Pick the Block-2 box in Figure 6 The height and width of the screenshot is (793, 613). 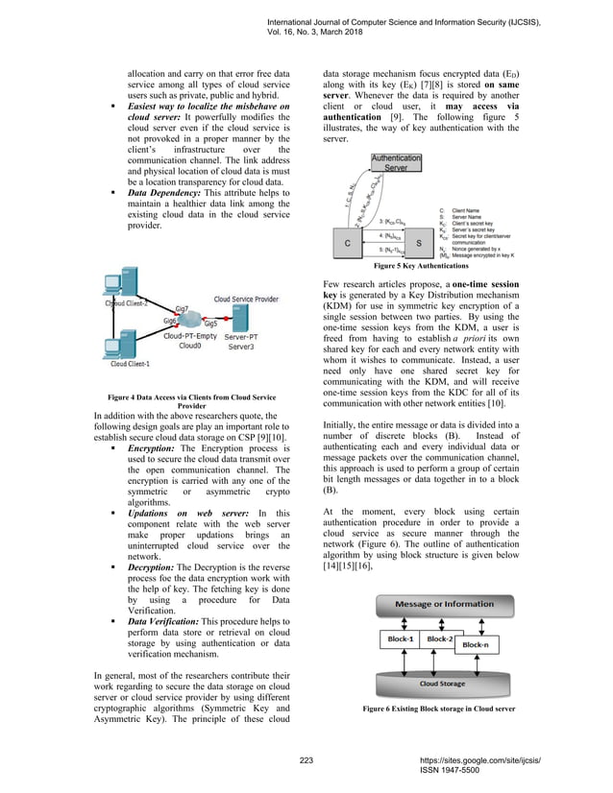coord(440,639)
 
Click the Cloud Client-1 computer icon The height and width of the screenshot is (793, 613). coord(114,344)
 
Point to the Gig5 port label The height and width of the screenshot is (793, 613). coord(209,324)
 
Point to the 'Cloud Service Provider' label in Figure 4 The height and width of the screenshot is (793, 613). coord(247,273)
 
